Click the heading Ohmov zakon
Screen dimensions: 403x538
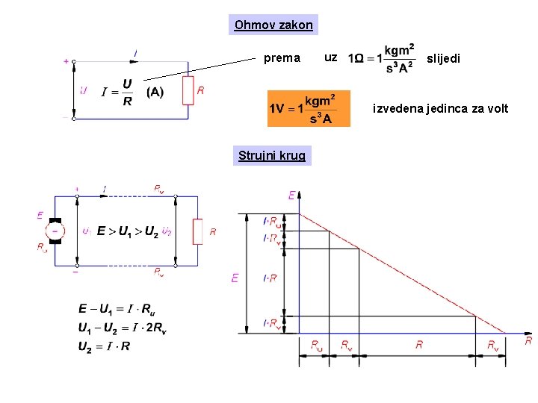tap(273, 25)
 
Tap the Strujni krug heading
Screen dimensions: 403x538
tap(271, 155)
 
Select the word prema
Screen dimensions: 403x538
tap(282, 57)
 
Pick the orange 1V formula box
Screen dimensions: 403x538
tap(308, 109)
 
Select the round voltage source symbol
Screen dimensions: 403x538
tap(55, 231)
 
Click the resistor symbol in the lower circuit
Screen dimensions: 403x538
tap(197, 231)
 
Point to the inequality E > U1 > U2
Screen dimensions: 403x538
tap(127, 231)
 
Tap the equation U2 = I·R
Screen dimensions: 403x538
tap(104, 346)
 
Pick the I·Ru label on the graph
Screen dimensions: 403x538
tap(273, 222)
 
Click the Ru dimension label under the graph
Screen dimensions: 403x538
tap(317, 344)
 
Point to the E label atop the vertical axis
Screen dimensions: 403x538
tap(291, 196)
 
